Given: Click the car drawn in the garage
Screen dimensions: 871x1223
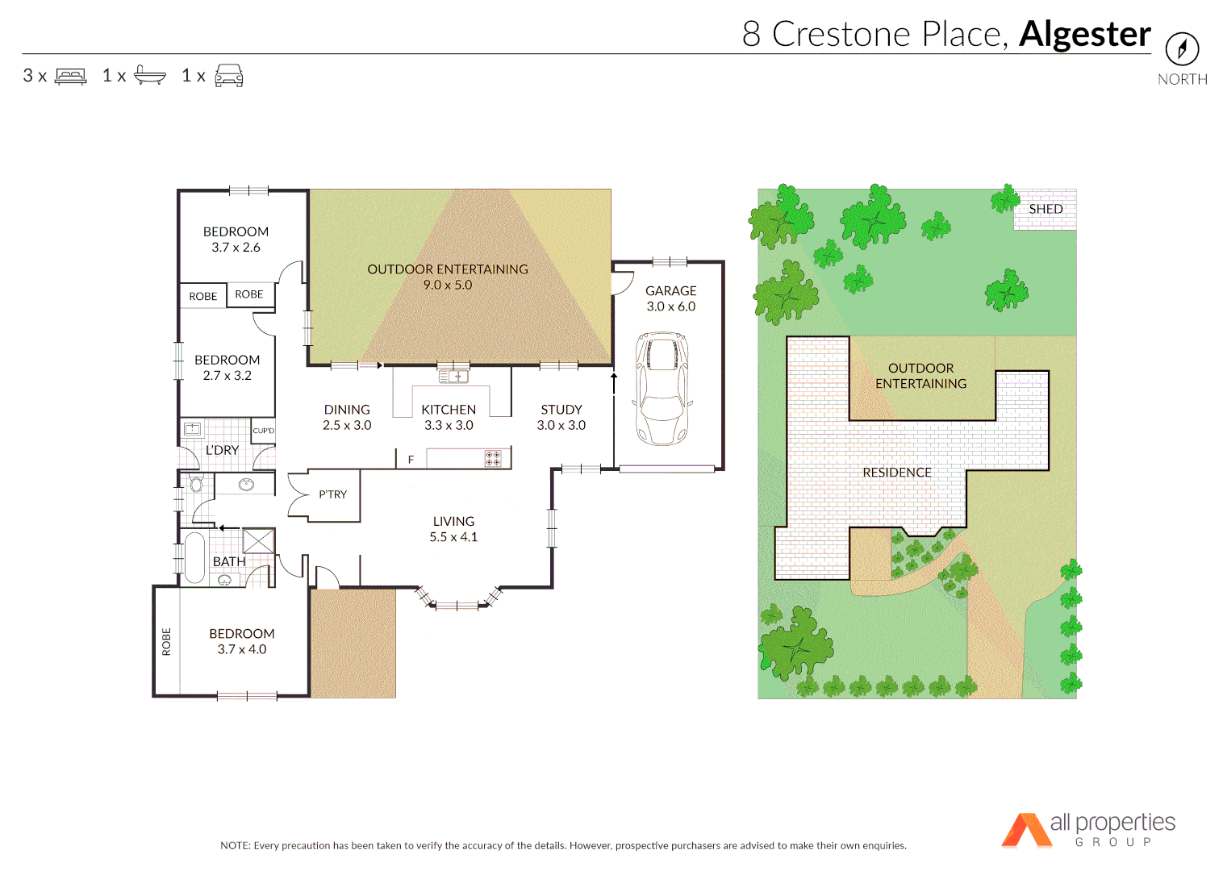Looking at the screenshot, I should (x=662, y=388).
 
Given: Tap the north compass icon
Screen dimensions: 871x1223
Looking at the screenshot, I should (x=1182, y=49).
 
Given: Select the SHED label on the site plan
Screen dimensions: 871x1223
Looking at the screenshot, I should (x=1046, y=209).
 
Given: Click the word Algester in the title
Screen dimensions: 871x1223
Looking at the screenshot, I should (x=1085, y=34).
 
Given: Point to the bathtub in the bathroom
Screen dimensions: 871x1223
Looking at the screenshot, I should (x=194, y=557).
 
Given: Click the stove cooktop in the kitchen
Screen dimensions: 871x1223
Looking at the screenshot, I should (x=493, y=459).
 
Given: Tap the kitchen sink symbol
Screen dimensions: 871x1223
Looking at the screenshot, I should (x=453, y=377).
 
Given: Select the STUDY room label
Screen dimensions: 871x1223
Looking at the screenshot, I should (x=561, y=417).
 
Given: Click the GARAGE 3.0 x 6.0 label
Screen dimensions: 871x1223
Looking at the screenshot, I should (x=670, y=298).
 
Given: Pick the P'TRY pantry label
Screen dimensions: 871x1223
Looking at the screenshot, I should (x=332, y=494).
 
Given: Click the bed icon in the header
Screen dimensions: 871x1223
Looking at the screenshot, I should (x=71, y=77).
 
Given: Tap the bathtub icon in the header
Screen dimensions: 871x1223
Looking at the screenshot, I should (x=150, y=75).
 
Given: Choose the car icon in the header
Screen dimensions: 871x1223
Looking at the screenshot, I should (x=229, y=76).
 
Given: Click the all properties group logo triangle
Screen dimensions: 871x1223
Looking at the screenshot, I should (x=1025, y=831).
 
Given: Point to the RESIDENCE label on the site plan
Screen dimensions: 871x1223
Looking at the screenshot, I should (x=897, y=473).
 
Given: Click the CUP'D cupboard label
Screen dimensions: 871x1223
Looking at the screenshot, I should (x=264, y=431).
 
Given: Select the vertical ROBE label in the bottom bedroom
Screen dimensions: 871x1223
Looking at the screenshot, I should (x=166, y=642).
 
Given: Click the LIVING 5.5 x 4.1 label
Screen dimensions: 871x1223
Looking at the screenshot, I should (x=453, y=529).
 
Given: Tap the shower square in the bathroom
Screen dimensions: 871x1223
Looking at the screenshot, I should (x=259, y=540).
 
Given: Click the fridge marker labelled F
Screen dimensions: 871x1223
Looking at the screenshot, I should (x=411, y=460).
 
